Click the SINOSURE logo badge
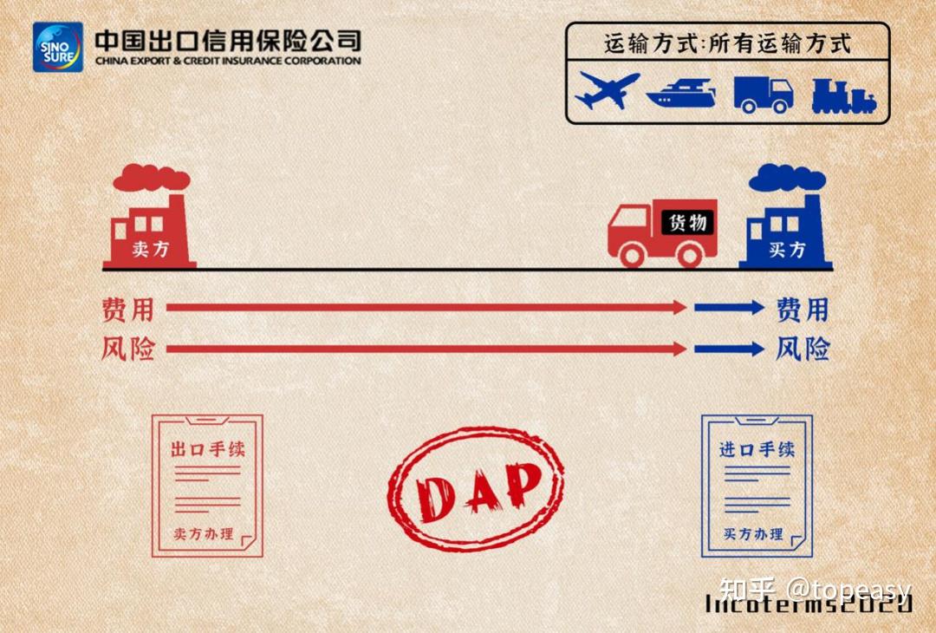click(x=58, y=47)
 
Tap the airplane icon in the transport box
click(x=607, y=89)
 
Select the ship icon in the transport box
click(x=681, y=92)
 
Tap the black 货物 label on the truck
click(x=688, y=223)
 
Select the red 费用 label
click(x=127, y=309)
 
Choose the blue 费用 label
click(x=803, y=309)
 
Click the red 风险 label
click(x=127, y=349)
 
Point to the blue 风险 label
click(x=803, y=349)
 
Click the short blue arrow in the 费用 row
click(x=728, y=307)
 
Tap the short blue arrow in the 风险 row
click(x=728, y=349)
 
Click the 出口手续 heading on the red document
click(x=207, y=451)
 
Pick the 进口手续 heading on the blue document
click(x=757, y=450)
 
